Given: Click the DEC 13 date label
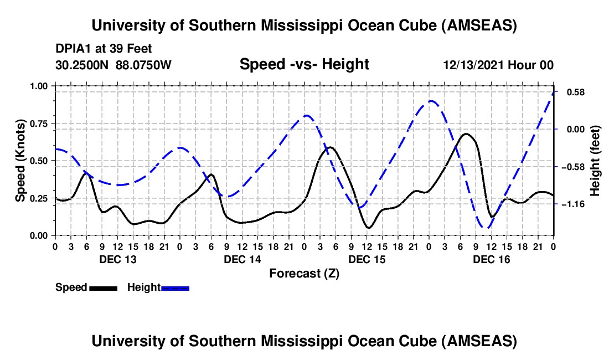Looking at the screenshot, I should (x=117, y=259).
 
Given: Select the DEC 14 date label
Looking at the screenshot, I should (x=242, y=259).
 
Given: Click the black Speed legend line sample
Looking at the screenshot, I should (x=104, y=287).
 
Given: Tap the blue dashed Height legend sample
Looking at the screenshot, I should (x=176, y=287).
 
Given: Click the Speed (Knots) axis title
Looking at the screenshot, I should (x=20, y=161).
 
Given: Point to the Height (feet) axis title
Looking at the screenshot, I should (x=595, y=161).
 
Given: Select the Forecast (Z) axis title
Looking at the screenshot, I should (x=304, y=273).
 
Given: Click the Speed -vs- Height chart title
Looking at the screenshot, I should (x=304, y=64).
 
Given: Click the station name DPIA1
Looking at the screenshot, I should (x=74, y=49).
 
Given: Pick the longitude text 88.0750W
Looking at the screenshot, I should (x=144, y=65).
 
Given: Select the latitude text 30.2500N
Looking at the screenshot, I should (x=83, y=65).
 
